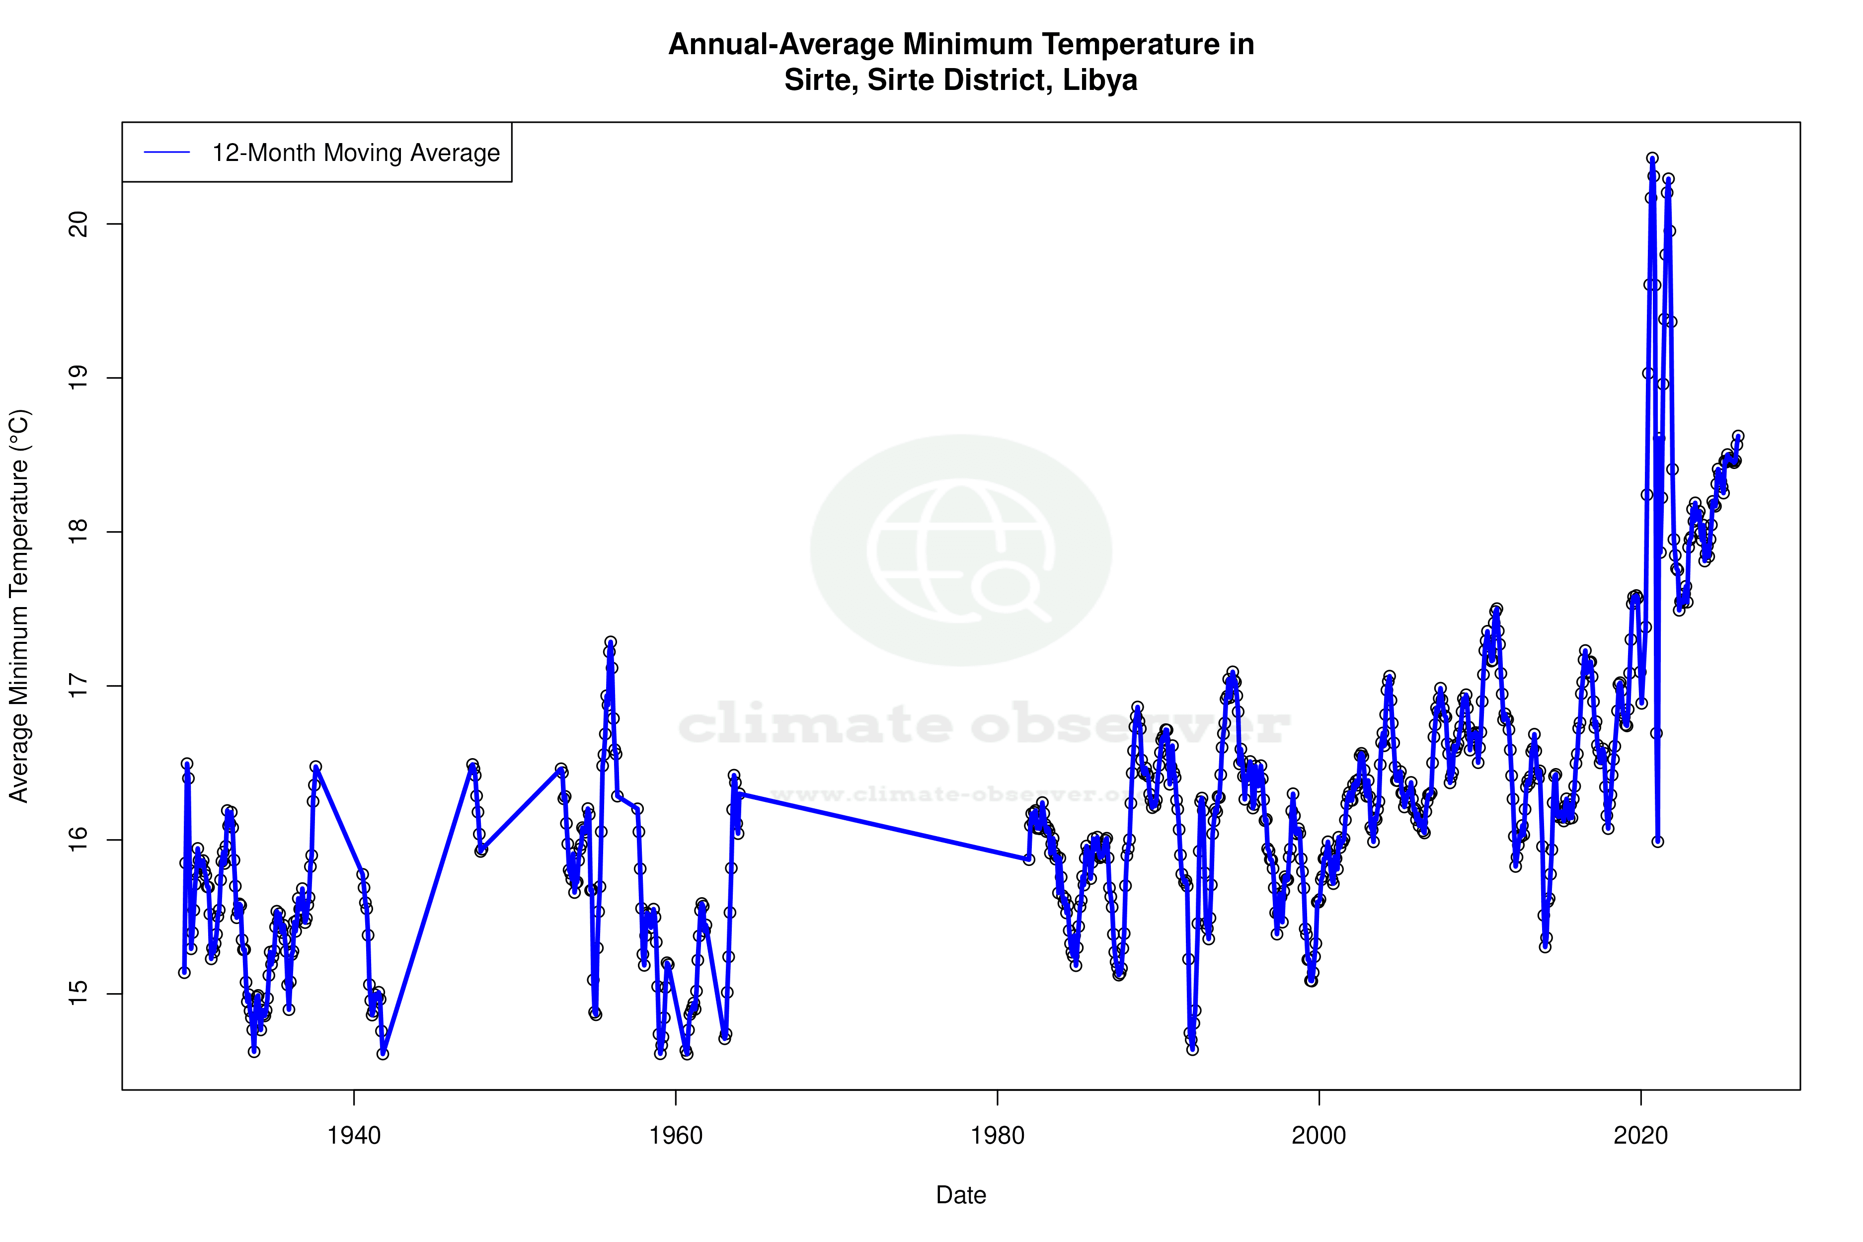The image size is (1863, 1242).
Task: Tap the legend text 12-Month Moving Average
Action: tap(356, 153)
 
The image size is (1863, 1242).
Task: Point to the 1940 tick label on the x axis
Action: tap(354, 1136)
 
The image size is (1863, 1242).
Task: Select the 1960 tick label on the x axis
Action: tap(676, 1136)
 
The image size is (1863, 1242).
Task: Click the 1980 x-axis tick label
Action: tap(997, 1136)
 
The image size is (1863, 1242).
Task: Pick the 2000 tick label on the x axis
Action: tap(1319, 1136)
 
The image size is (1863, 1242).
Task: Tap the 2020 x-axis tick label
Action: tap(1640, 1136)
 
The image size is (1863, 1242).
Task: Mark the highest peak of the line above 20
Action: tap(1651, 158)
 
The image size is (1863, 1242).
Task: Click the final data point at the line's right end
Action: tap(1738, 437)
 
